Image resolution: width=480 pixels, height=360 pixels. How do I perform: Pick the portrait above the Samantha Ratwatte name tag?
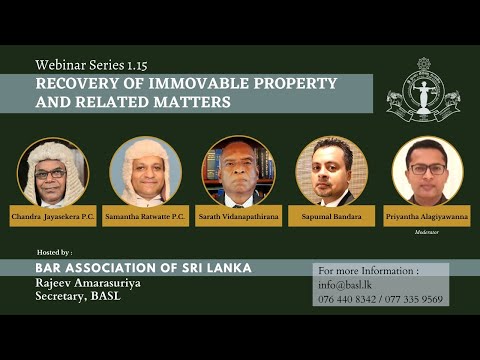(x=145, y=172)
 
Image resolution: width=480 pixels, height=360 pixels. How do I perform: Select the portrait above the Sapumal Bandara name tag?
(x=331, y=172)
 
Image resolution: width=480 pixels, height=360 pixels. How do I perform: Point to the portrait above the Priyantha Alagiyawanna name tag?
(x=427, y=172)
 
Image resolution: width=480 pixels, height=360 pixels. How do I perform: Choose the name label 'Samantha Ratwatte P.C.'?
(x=146, y=216)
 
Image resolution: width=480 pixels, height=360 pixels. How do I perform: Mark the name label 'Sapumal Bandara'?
(x=331, y=216)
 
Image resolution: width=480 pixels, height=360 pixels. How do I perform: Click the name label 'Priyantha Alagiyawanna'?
(x=427, y=216)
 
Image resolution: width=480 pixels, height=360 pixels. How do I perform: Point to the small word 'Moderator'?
(x=427, y=231)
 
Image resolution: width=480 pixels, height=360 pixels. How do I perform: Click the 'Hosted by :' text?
(x=53, y=253)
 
